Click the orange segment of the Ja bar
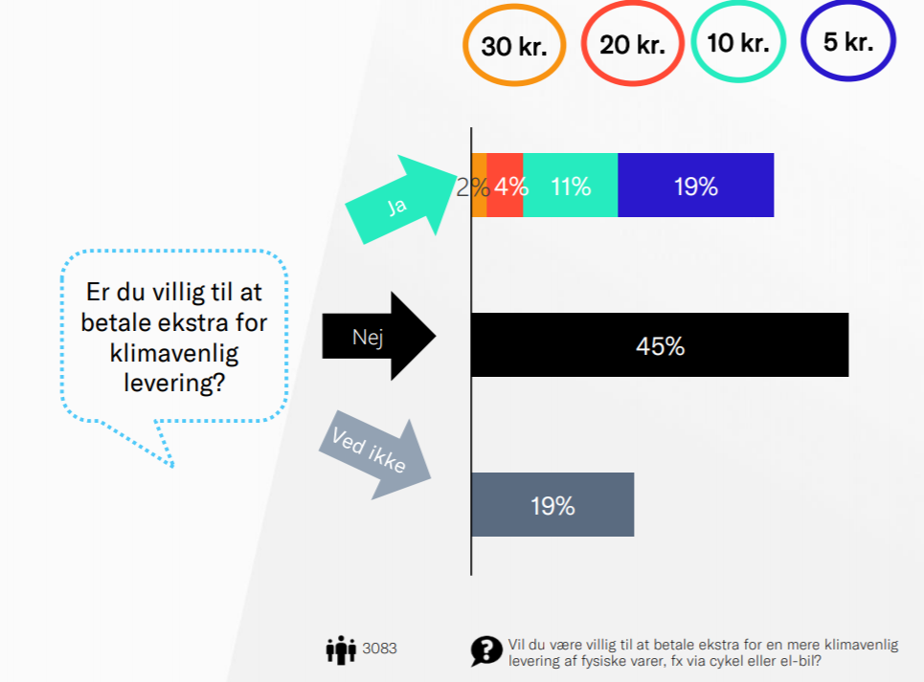coord(479,185)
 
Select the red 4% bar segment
coord(505,185)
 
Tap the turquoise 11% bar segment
coord(571,185)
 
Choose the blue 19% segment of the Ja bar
coord(696,185)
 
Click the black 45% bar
coord(660,344)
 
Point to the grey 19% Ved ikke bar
coord(552,504)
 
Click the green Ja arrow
coord(400,199)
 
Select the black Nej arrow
coord(378,336)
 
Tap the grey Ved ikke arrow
coord(374,454)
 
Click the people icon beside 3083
coord(341,649)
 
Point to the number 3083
coord(379,649)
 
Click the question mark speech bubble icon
coord(486,651)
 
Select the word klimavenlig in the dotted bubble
coord(174,354)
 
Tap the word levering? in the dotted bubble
coord(174,383)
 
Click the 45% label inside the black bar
coord(660,346)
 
